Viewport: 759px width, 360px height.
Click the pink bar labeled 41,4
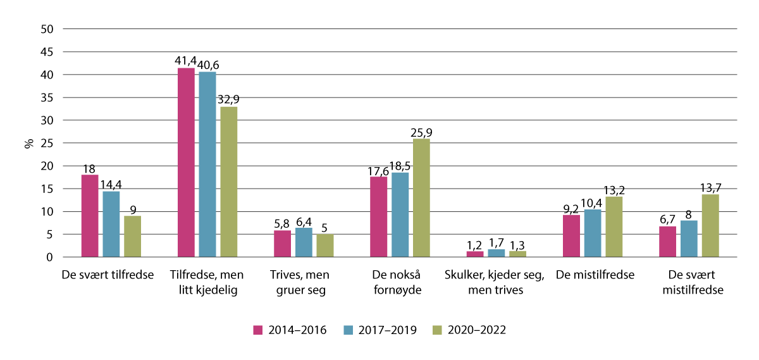(x=186, y=163)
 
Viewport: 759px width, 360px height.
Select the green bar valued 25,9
(x=421, y=198)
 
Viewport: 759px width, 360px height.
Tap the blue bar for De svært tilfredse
(x=111, y=224)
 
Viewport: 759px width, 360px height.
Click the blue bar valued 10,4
(x=593, y=233)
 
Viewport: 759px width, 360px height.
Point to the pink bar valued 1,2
(x=475, y=254)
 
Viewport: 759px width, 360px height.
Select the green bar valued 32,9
(x=229, y=182)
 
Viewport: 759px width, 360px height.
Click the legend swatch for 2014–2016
(x=257, y=330)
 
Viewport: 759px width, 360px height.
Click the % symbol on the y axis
(x=28, y=143)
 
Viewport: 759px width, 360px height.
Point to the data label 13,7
(x=711, y=187)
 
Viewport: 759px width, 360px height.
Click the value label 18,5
(x=400, y=165)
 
